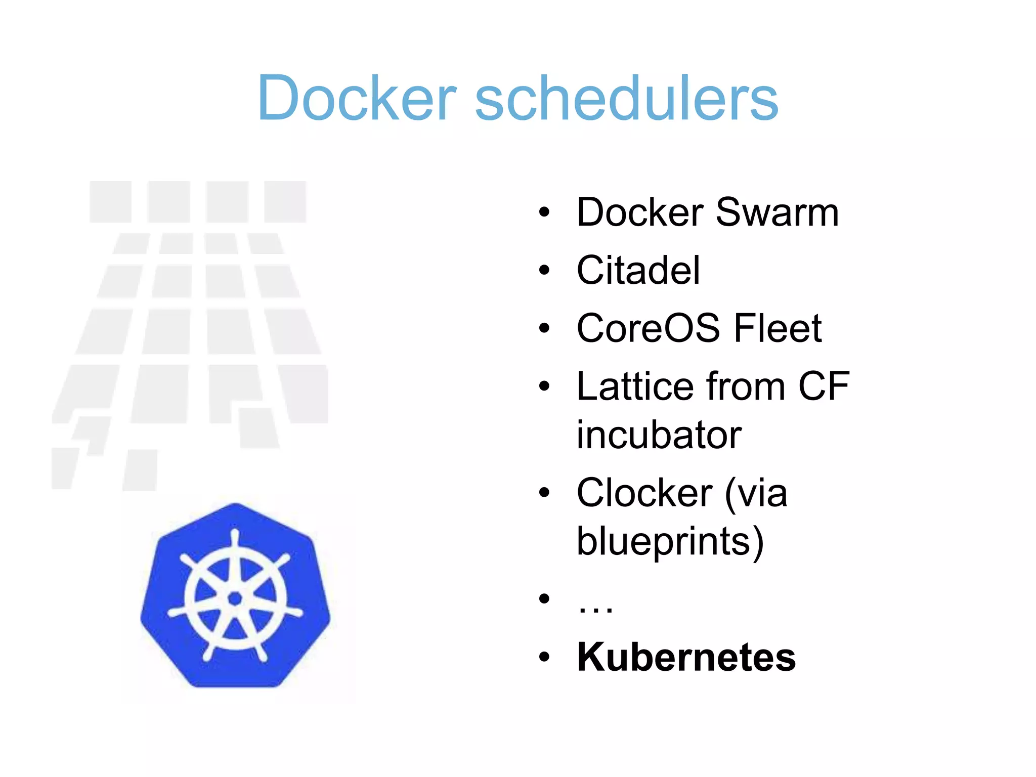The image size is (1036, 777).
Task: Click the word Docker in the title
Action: pos(357,98)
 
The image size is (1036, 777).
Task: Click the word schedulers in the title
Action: pos(626,98)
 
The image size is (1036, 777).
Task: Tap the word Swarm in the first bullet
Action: pos(777,212)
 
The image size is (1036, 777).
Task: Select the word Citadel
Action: pos(638,271)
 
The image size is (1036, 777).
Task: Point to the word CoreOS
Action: pos(648,328)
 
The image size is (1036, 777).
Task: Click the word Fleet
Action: pos(778,328)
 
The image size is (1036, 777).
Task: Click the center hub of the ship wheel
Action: pos(235,598)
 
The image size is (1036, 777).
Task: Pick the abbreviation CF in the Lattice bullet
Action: pos(824,386)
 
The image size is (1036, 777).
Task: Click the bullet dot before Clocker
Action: pos(544,493)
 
